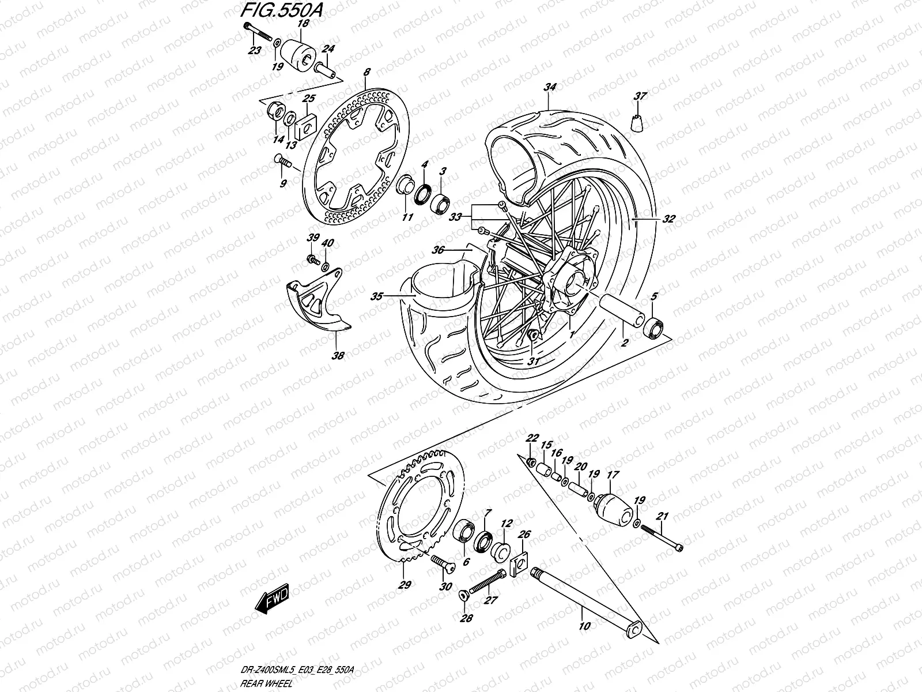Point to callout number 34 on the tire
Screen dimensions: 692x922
549,88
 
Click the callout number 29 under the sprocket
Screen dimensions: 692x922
405,585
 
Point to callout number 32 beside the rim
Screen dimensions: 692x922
668,219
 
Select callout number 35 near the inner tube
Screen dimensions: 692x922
377,296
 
